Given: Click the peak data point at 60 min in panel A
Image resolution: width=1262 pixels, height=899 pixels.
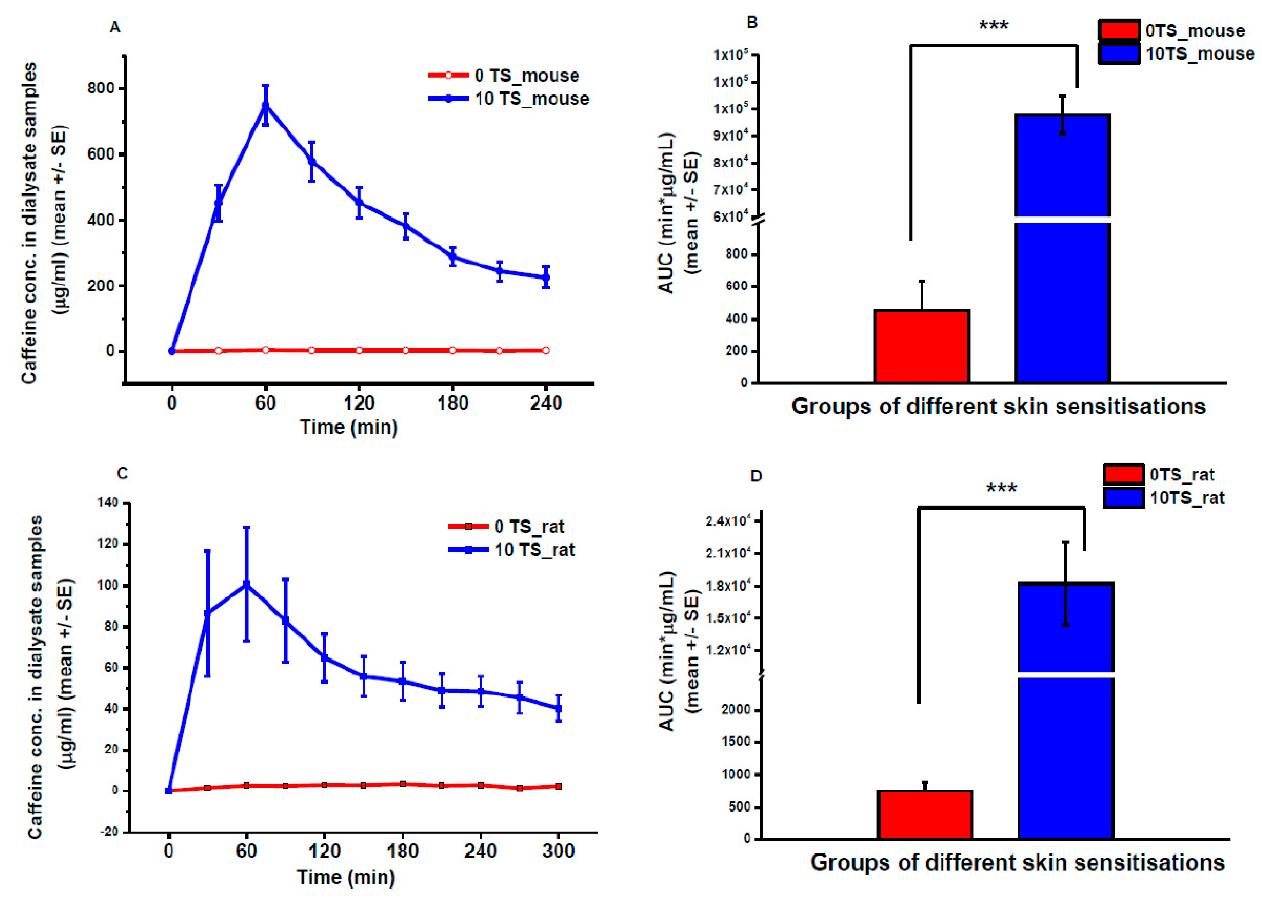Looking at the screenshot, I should [x=266, y=105].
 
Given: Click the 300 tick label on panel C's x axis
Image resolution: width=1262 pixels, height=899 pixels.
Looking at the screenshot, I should [x=558, y=851].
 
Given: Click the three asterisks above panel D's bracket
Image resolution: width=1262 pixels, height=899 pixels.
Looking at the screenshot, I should [x=1001, y=489].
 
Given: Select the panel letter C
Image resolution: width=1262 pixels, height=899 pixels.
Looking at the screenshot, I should [x=122, y=474].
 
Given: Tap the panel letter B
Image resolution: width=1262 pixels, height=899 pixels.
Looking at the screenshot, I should [x=752, y=23].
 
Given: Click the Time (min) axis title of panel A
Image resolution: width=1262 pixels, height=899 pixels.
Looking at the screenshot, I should [x=349, y=427].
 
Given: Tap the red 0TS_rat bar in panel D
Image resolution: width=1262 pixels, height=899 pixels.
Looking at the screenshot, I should [x=925, y=815].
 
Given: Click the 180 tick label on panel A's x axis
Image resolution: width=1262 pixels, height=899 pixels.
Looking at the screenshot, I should [x=453, y=403].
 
